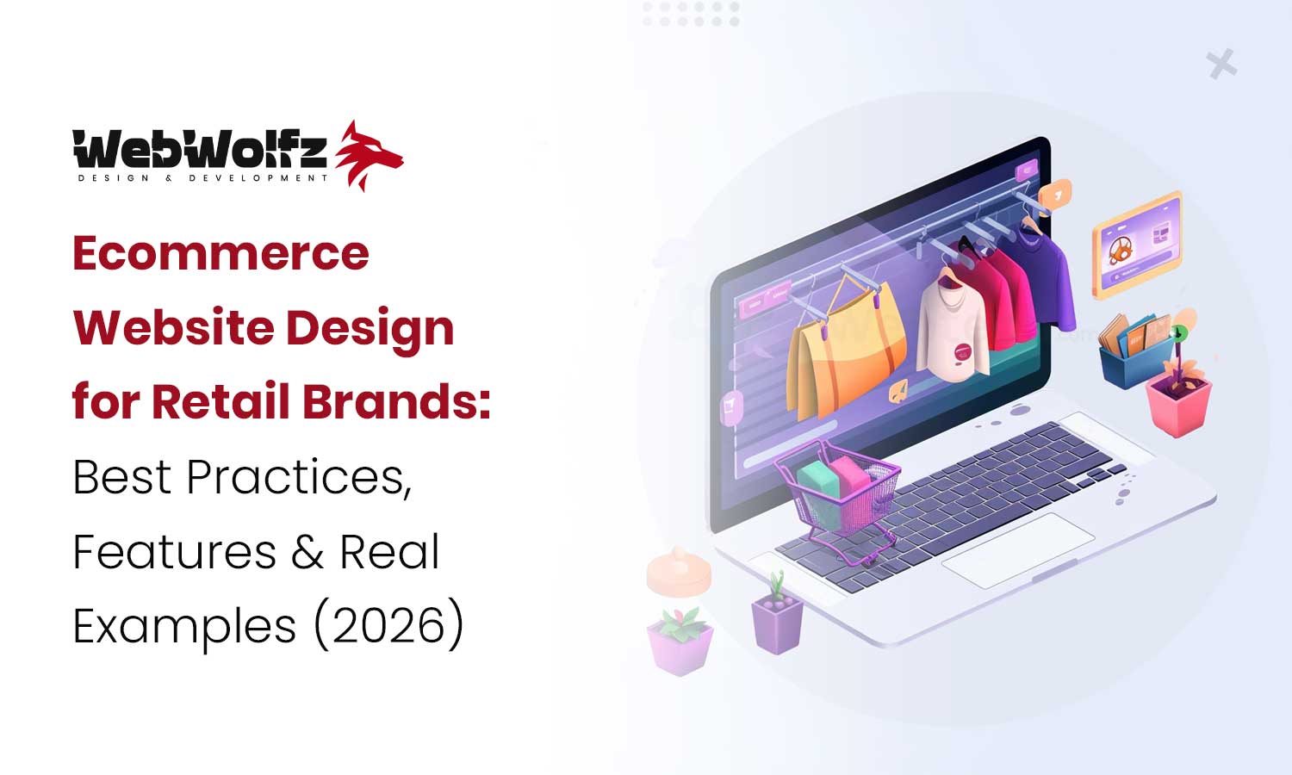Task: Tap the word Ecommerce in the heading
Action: pyautogui.click(x=221, y=253)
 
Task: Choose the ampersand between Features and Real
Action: pyautogui.click(x=307, y=552)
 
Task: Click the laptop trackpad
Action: pyautogui.click(x=1017, y=551)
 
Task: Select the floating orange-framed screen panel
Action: pyautogui.click(x=1136, y=245)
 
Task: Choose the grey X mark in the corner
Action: pyautogui.click(x=1221, y=65)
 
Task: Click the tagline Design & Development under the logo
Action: pyautogui.click(x=203, y=178)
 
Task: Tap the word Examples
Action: pyautogui.click(x=184, y=627)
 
